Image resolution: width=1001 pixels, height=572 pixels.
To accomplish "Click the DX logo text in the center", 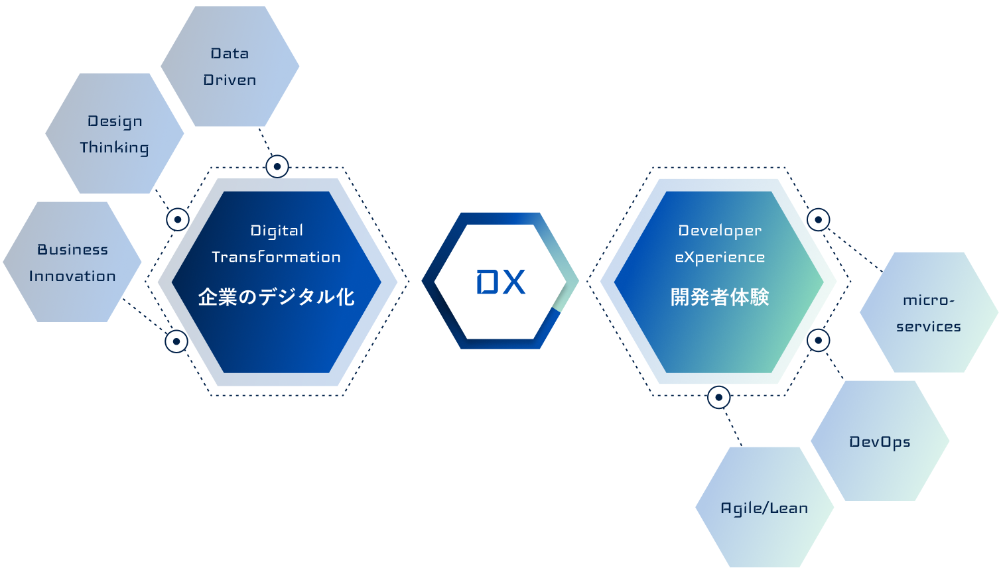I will pos(501,282).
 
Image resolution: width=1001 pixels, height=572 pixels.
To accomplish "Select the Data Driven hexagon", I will pos(230,66).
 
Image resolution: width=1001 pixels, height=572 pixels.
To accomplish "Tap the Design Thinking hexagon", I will pos(114,133).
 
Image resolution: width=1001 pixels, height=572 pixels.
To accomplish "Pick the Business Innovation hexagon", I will pos(72,262).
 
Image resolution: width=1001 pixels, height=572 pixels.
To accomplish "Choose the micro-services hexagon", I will pos(929,312).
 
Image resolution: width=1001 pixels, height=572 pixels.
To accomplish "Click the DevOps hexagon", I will pos(880,441).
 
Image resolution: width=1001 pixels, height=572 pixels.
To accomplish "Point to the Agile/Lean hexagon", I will pos(764,508).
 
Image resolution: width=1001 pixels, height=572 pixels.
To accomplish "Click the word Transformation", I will pos(276,257).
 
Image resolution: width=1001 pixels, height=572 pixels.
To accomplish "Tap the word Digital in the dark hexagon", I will pos(277,231).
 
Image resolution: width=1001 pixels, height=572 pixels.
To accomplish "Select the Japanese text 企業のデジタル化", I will pos(276,297).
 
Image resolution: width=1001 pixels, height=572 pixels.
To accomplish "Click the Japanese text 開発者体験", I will pos(720,297).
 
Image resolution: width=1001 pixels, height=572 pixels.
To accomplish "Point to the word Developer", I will pos(720,231).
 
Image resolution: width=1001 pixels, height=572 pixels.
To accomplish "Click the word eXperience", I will pos(720,257).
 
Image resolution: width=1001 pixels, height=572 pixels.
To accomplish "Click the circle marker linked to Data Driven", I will pos(277,166).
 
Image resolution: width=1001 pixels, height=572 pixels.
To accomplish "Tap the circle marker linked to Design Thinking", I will pos(178,219).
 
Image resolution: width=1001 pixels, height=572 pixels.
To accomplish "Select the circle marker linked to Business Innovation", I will pos(176,341).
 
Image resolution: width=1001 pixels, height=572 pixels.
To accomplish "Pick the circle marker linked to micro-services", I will pos(819,219).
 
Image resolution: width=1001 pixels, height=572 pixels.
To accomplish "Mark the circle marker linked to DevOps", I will pos(819,341).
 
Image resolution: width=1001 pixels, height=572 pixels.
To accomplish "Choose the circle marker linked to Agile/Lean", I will pos(719,398).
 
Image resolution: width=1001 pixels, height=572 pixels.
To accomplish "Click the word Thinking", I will pos(114,147).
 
